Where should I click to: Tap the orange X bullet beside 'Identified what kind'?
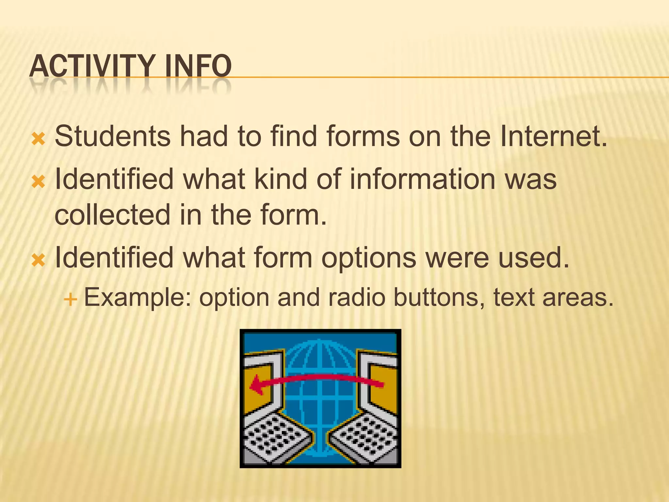point(38,182)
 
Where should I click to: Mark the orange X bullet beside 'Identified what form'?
point(38,260)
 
